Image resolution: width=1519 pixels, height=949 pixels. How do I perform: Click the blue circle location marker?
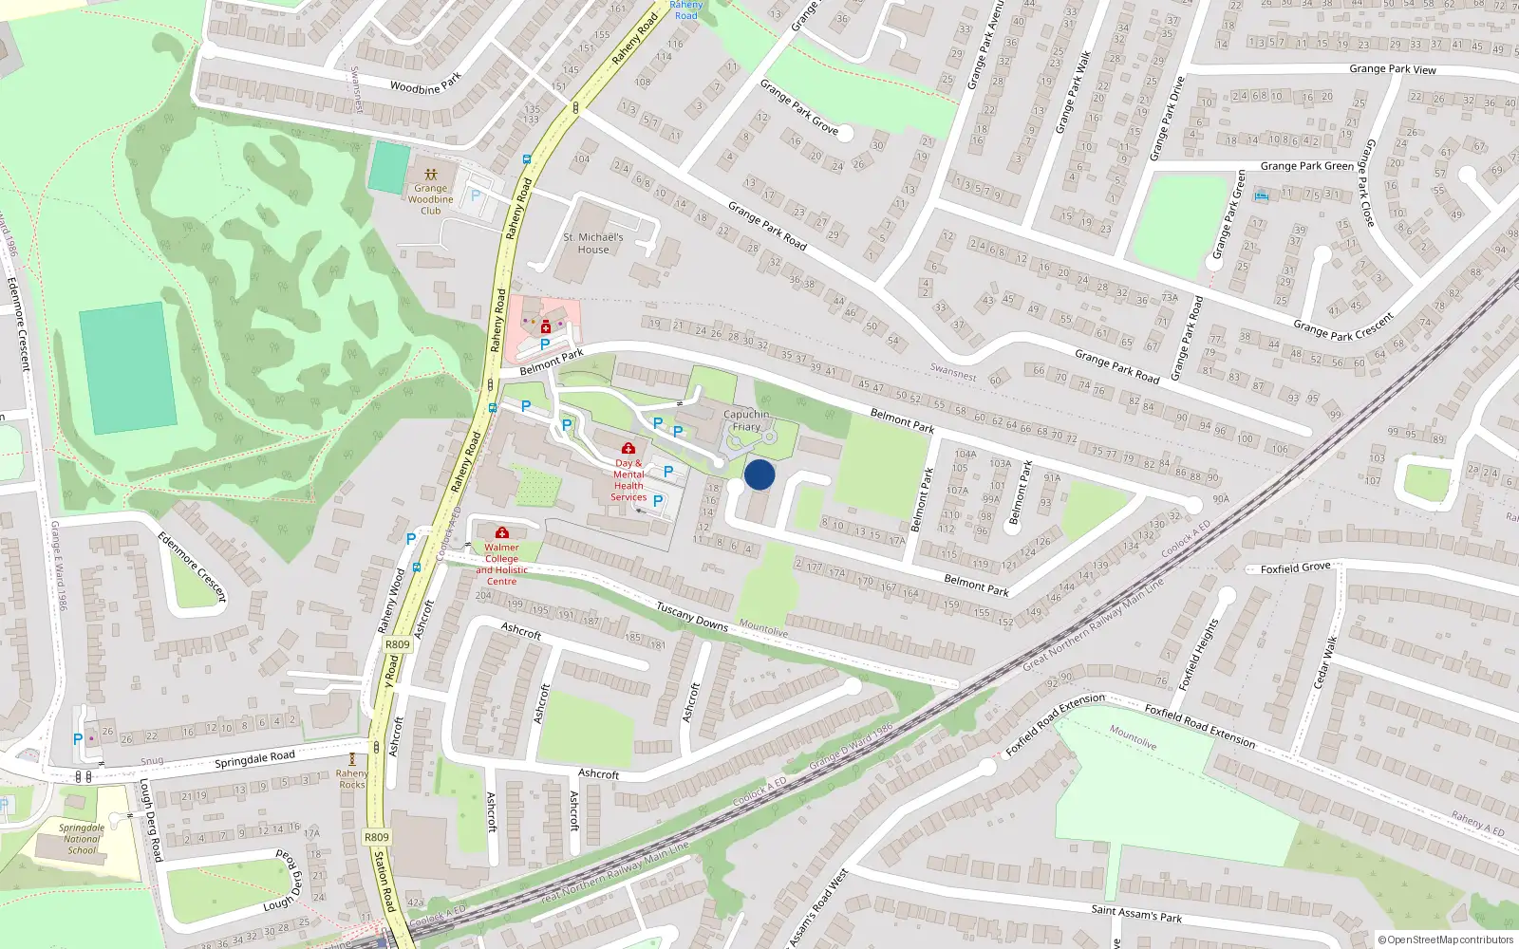759,474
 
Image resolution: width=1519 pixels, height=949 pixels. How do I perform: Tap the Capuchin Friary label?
746,420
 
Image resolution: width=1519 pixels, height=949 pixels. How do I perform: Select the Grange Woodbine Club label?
431,199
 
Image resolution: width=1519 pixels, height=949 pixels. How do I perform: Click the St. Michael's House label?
593,243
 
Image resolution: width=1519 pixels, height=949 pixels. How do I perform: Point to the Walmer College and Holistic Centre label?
501,564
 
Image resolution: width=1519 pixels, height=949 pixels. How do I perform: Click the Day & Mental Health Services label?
628,480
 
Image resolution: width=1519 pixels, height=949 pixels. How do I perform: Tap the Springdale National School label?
82,839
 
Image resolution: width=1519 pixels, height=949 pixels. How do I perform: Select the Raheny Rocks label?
352,779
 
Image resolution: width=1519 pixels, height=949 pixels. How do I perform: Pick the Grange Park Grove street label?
798,105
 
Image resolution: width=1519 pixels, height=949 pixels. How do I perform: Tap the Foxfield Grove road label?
1296,568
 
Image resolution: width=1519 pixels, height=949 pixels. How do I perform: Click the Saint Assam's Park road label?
1136,913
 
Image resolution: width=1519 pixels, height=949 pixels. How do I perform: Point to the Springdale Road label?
254,759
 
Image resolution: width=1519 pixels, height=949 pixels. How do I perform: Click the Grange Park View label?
1393,69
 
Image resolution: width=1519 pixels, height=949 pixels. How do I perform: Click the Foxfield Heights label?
1198,654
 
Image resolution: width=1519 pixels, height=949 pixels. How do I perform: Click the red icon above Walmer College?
502,532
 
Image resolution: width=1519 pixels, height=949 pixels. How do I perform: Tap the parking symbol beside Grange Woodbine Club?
476,195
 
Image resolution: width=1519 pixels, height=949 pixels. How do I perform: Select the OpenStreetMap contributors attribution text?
1446,940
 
